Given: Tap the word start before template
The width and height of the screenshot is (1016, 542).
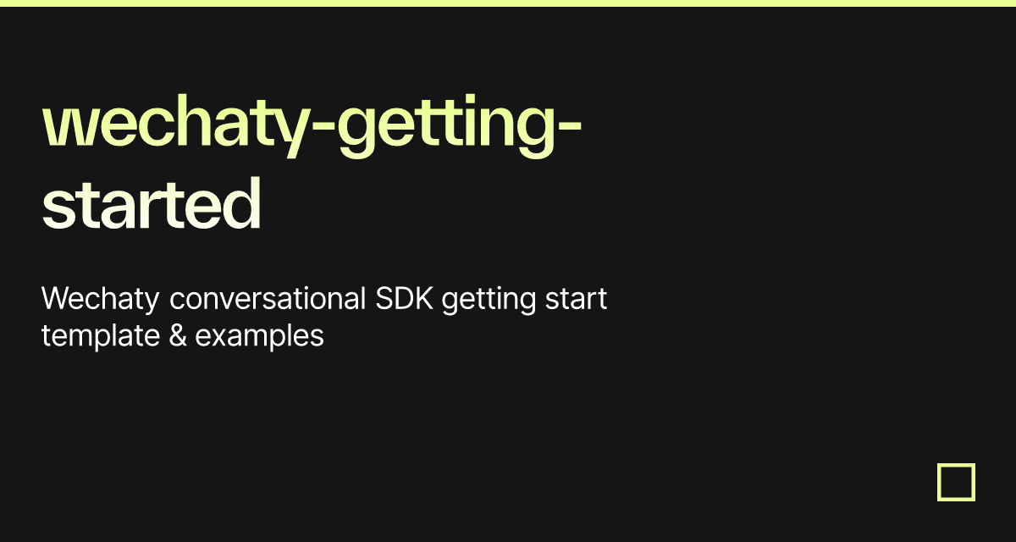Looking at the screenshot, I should tap(576, 300).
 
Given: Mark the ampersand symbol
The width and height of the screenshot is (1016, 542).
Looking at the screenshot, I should tap(178, 336).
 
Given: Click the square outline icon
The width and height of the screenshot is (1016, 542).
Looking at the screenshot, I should tap(956, 482).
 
